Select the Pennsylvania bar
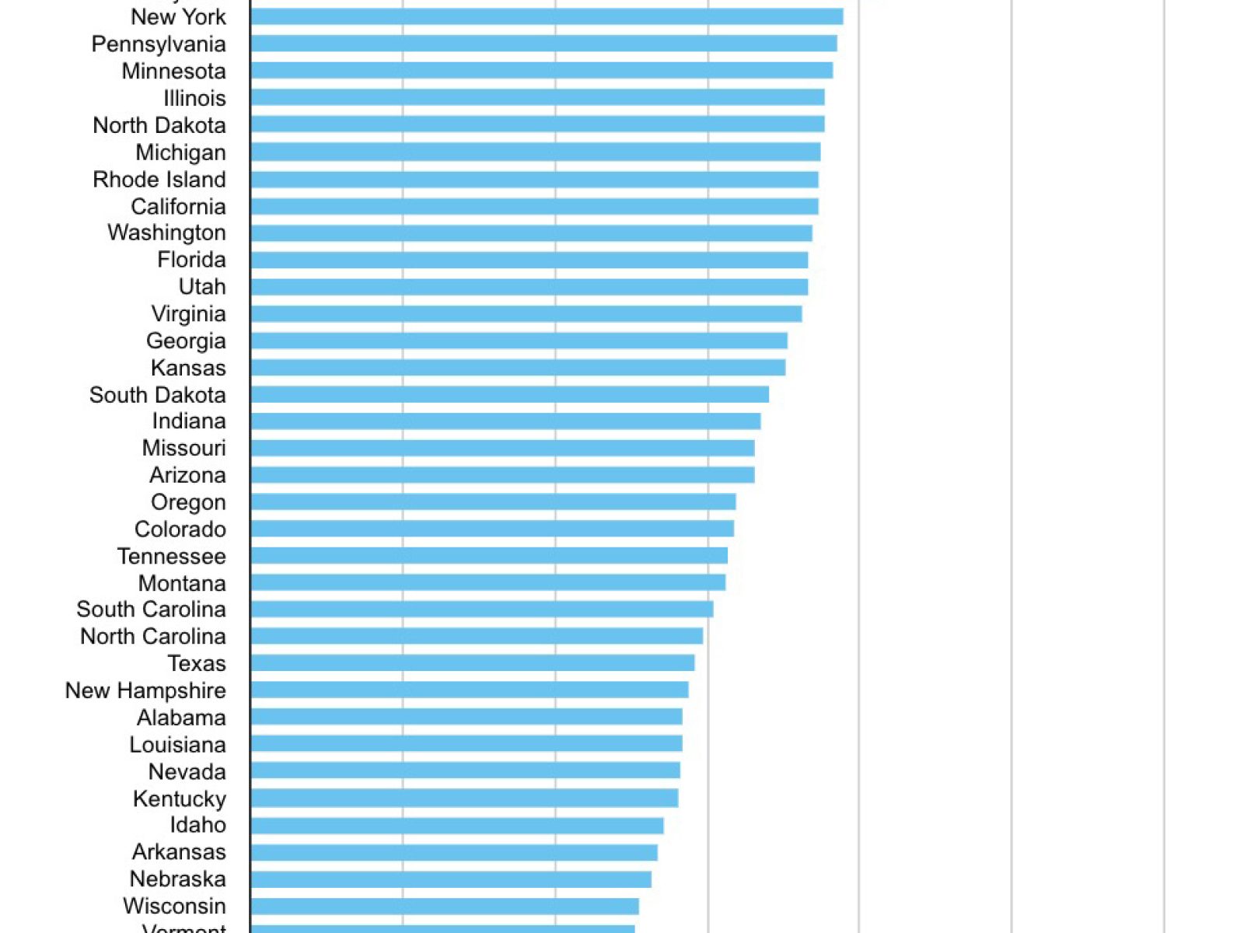tap(543, 44)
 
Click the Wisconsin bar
tap(444, 906)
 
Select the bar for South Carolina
tap(481, 609)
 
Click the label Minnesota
tap(173, 71)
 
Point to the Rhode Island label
tap(159, 179)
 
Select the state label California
tap(178, 206)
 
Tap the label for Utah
tap(202, 286)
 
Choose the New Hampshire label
tap(145, 690)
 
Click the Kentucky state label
tap(179, 798)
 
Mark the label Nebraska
tap(177, 879)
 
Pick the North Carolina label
tap(152, 636)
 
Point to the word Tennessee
tap(171, 556)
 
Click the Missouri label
tap(183, 448)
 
